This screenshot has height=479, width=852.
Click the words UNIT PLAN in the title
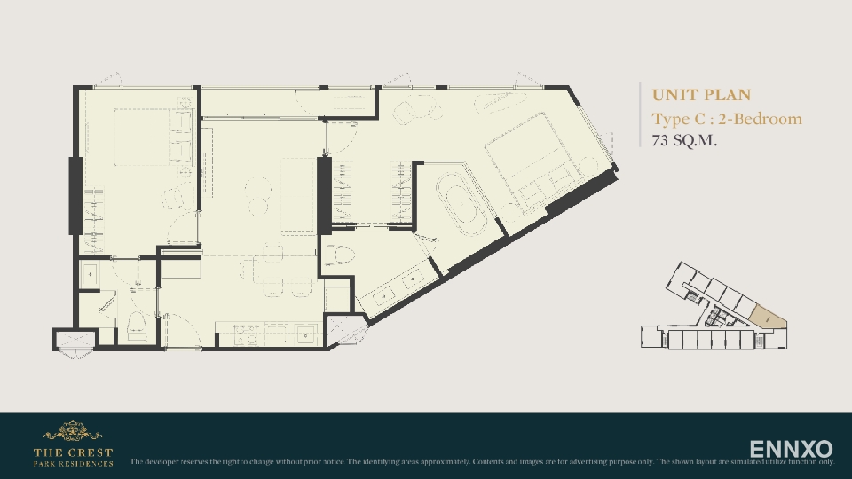click(701, 95)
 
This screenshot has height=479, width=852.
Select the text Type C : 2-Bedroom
click(726, 119)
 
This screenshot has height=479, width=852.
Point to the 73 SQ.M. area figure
click(684, 140)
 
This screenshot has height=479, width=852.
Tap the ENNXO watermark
click(791, 449)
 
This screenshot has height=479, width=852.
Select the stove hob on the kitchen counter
click(245, 334)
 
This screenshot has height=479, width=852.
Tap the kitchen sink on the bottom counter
click(305, 335)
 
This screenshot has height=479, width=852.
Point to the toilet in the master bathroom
click(341, 257)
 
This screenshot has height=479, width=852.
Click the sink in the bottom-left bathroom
click(91, 274)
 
